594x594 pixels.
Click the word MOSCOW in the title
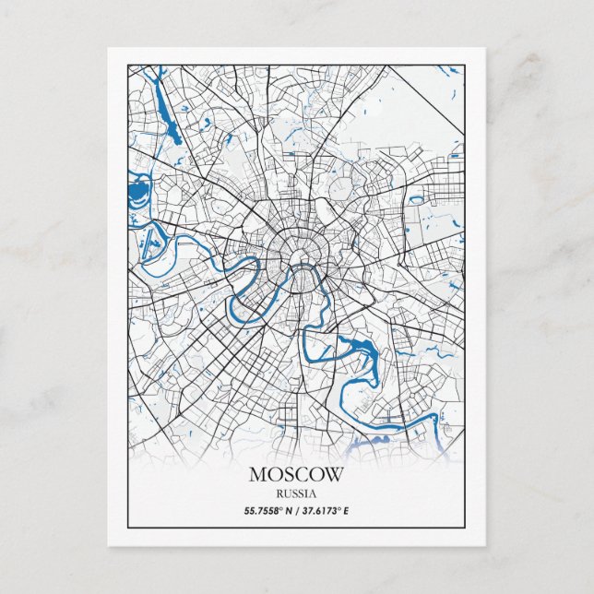(x=296, y=475)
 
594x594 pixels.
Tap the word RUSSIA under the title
(x=296, y=493)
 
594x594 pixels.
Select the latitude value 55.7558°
(x=265, y=510)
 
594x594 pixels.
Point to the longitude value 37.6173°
(x=324, y=510)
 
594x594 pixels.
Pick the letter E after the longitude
(x=347, y=510)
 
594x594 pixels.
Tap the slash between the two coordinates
(x=296, y=510)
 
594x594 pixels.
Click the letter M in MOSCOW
(x=257, y=475)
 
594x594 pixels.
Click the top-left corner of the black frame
(x=128, y=65)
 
